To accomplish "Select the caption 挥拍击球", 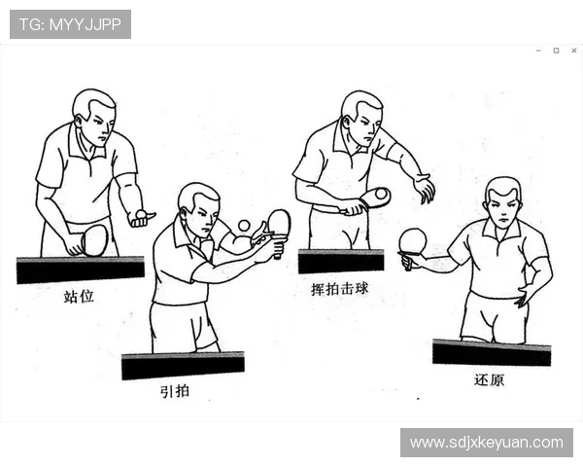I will [339, 288].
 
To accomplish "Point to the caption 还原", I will [489, 379].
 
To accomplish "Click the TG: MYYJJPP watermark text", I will [70, 24].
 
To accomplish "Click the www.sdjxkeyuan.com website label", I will [486, 443].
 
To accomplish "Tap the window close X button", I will [573, 51].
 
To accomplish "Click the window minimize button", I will [538, 51].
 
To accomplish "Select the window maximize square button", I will [556, 51].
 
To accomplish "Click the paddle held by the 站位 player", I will [93, 239].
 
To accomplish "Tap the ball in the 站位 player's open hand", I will [142, 213].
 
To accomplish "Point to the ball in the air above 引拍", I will [244, 226].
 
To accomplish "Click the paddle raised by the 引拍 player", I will [279, 224].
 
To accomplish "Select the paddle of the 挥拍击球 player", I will [375, 198].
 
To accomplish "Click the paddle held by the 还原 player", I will [413, 241].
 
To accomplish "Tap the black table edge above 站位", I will [80, 269].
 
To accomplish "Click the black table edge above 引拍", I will [183, 366].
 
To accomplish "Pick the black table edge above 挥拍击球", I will [340, 261].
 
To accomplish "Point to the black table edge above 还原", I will [492, 352].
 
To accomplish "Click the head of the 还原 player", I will [502, 201].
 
